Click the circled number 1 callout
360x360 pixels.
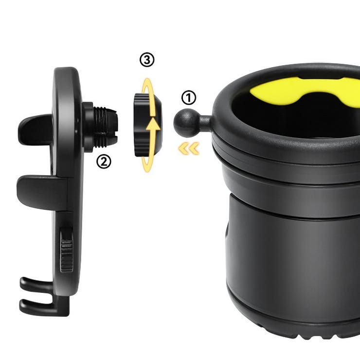tap(189, 98)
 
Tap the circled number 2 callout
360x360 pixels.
tap(104, 162)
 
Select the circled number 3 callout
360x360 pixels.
tap(147, 60)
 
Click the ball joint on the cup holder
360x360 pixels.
tap(184, 123)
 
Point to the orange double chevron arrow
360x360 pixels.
tap(189, 148)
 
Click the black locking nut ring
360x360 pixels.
tap(147, 125)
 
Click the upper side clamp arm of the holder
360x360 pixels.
tap(36, 130)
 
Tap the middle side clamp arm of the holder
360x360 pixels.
tap(42, 192)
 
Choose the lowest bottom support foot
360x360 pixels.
tap(44, 307)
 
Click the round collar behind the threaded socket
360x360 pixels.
tap(88, 127)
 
